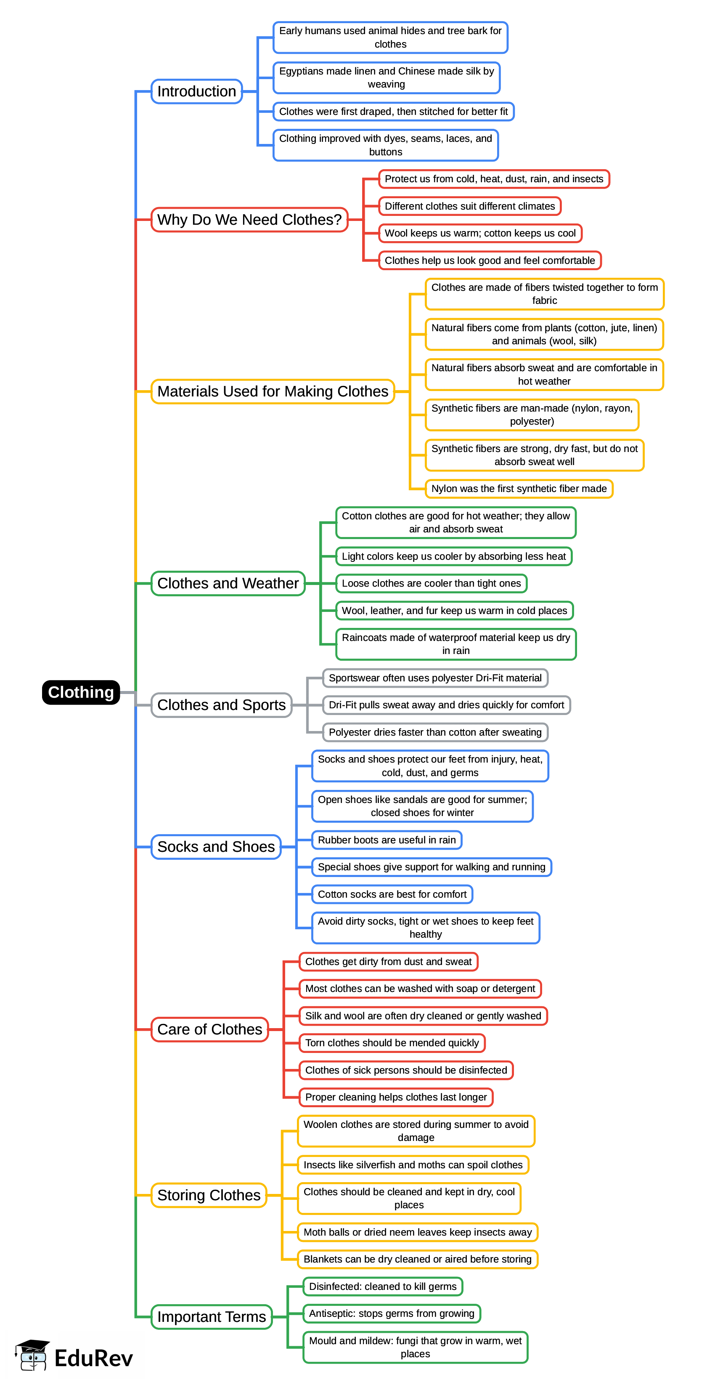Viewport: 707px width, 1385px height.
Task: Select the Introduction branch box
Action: tap(197, 91)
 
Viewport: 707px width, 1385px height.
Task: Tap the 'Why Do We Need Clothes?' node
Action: tap(249, 220)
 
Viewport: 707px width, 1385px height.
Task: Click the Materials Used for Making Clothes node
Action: tap(273, 391)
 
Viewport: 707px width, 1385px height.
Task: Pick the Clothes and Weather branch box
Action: tap(228, 583)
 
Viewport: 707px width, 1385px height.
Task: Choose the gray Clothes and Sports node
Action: tap(221, 705)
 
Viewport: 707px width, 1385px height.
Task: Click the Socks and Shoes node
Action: tap(216, 847)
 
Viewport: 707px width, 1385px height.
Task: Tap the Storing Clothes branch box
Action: tap(209, 1195)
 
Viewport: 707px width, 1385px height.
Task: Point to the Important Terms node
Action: tap(212, 1317)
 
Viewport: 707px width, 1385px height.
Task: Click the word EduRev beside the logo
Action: tap(93, 1358)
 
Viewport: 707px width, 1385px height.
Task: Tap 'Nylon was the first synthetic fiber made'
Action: tap(519, 489)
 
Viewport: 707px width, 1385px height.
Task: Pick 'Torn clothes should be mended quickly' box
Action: tap(392, 1043)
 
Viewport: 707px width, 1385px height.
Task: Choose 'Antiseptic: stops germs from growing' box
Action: tap(391, 1313)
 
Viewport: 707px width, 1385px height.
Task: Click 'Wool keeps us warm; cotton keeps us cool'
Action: tap(480, 233)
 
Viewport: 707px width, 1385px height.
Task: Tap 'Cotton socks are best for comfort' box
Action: tap(392, 894)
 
